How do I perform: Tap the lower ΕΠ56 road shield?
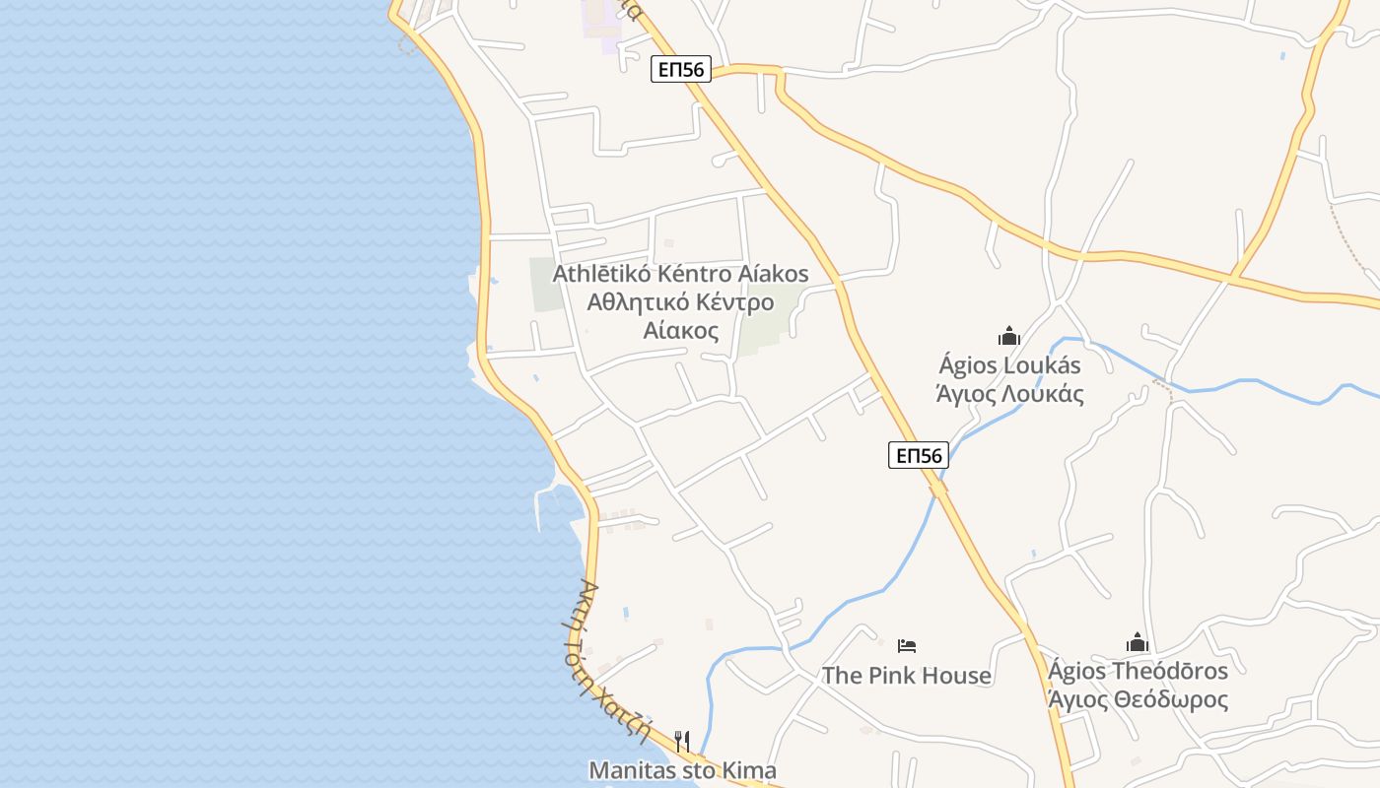point(918,454)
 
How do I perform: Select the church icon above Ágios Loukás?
point(1008,337)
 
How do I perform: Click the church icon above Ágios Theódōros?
point(1138,643)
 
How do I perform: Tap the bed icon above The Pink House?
point(907,646)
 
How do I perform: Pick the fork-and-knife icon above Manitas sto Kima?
point(681,740)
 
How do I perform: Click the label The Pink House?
point(907,675)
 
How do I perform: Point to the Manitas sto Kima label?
point(682,770)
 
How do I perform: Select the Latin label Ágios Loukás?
point(1009,365)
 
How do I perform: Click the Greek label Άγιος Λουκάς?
point(1009,394)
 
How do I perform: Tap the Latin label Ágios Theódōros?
point(1138,671)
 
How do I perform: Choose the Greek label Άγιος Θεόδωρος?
point(1138,699)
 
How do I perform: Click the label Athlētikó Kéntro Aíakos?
point(680,273)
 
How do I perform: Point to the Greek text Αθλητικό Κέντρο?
point(680,301)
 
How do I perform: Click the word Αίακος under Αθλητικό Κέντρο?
point(680,330)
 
